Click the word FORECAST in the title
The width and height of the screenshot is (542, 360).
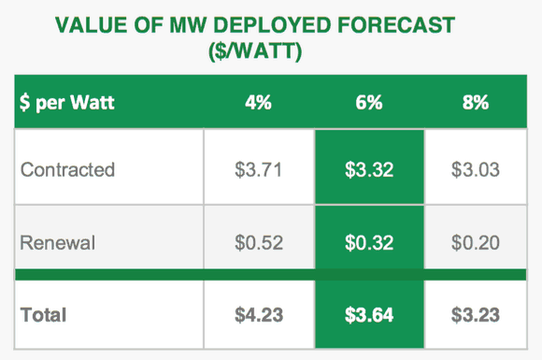click(396, 25)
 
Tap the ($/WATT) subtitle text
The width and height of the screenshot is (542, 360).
click(255, 51)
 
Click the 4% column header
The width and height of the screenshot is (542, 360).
click(258, 102)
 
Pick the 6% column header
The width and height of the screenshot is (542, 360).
click(369, 102)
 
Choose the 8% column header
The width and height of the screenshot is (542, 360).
click(476, 102)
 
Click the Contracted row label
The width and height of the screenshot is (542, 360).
click(67, 169)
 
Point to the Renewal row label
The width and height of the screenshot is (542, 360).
click(58, 242)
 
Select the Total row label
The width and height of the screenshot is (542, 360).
click(44, 315)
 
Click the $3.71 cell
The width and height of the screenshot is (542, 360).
click(259, 170)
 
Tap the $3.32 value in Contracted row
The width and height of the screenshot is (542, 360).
click(369, 170)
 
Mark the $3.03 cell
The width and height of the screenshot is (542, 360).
click(476, 170)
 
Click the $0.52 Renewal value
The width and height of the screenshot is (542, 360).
click(259, 242)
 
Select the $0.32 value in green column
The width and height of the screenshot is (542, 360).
click(369, 242)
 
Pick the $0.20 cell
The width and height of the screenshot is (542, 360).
click(476, 242)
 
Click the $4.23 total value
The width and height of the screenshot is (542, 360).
click(259, 315)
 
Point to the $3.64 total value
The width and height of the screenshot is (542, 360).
click(369, 315)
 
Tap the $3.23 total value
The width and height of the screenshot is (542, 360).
click(476, 315)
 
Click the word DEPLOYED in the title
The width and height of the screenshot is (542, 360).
click(272, 25)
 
